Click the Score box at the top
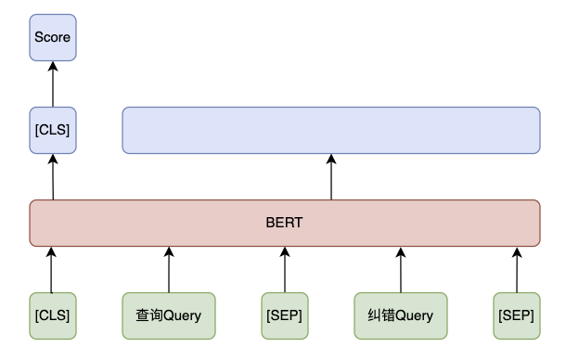(52, 37)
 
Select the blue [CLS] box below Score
(52, 130)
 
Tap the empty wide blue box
(331, 130)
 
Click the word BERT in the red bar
(285, 224)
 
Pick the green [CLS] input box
(52, 315)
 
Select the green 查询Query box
(169, 315)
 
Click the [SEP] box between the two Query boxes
(285, 315)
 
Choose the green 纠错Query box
(401, 315)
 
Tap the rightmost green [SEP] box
(516, 315)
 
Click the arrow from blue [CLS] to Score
(52, 84)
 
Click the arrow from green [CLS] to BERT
(52, 269)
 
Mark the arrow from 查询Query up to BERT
(169, 269)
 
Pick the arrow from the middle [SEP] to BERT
(285, 269)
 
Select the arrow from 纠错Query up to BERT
(401, 269)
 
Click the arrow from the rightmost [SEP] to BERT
(516, 269)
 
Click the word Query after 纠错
(414, 315)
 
